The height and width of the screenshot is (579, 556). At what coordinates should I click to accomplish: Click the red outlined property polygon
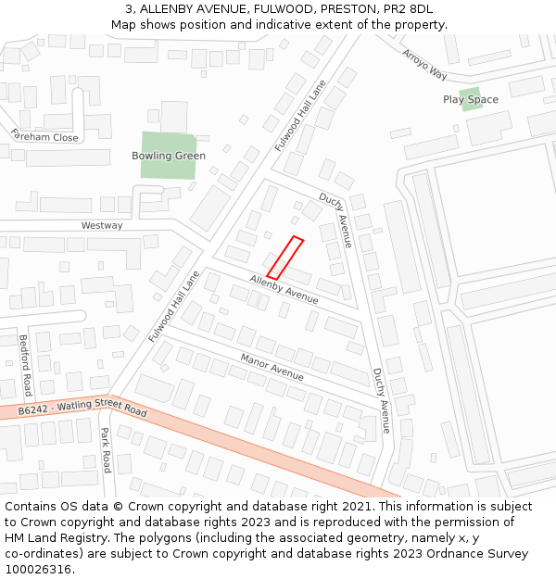(x=285, y=258)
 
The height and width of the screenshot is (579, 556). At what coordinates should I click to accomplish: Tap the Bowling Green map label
(x=169, y=156)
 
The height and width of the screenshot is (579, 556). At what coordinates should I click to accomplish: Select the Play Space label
(x=471, y=100)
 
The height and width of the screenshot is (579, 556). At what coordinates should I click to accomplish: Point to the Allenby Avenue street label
(x=284, y=289)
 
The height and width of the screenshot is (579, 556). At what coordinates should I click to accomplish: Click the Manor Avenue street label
(x=272, y=367)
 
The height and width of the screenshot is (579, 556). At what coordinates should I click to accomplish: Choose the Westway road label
(x=102, y=225)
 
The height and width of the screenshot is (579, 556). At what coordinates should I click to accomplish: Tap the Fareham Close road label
(x=44, y=136)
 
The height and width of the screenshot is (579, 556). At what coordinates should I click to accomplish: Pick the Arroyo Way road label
(x=424, y=64)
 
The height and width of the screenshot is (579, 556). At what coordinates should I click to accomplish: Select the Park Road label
(x=106, y=450)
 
